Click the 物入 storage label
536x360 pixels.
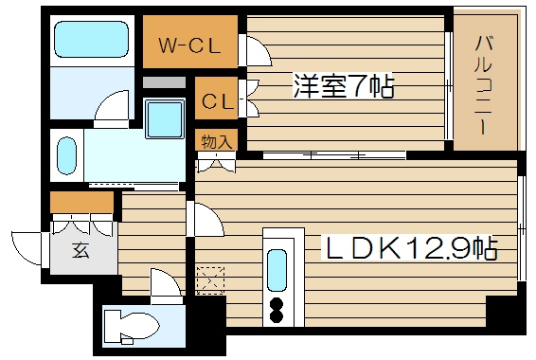217,141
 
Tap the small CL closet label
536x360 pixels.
217,98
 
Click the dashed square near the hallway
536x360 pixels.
208,279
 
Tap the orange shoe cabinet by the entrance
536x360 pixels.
81,203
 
